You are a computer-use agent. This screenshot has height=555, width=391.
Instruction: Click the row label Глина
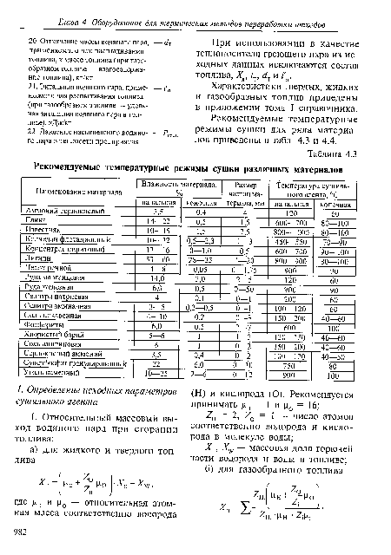click(40, 246)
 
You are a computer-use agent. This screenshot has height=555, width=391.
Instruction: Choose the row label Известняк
click(47, 257)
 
